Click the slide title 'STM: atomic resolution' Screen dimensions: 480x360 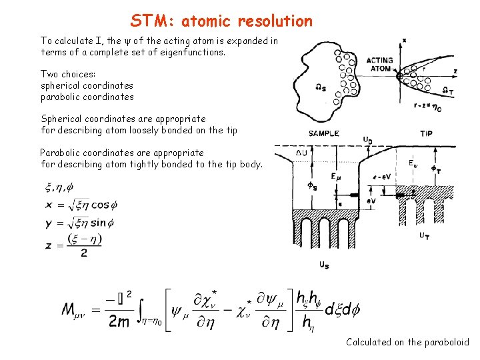[221, 21]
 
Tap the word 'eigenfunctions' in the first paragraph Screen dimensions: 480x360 [193, 52]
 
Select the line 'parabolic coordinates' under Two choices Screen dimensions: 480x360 [87, 97]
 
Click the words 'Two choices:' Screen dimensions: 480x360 [67, 74]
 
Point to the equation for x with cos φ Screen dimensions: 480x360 [77, 206]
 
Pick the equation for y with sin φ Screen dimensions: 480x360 [76, 223]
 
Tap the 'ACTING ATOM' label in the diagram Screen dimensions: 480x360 [380, 64]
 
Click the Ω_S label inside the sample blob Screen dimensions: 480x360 [320, 87]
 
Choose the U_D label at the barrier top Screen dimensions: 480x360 [368, 140]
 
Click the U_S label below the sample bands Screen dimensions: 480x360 [323, 265]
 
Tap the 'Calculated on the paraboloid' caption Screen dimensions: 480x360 [407, 342]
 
